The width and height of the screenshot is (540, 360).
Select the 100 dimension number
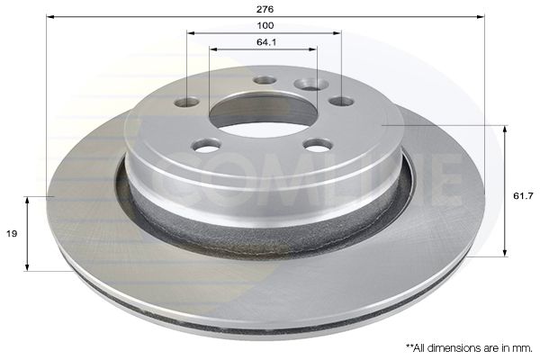click(x=265, y=25)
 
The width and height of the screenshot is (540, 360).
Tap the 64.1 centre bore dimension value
click(x=265, y=41)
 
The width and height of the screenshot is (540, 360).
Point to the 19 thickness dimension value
click(x=11, y=232)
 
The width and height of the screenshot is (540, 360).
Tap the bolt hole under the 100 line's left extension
click(x=186, y=102)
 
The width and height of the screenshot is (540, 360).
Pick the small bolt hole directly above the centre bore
click(x=265, y=80)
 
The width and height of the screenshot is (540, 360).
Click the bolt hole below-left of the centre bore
click(x=207, y=144)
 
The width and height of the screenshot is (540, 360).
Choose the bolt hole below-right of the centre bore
click(x=318, y=144)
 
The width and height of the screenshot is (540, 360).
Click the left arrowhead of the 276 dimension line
click(x=50, y=16)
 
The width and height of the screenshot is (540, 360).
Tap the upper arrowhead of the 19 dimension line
click(x=29, y=200)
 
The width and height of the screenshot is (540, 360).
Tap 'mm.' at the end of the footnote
click(x=522, y=346)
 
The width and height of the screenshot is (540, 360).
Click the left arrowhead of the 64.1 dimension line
click(x=212, y=49)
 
